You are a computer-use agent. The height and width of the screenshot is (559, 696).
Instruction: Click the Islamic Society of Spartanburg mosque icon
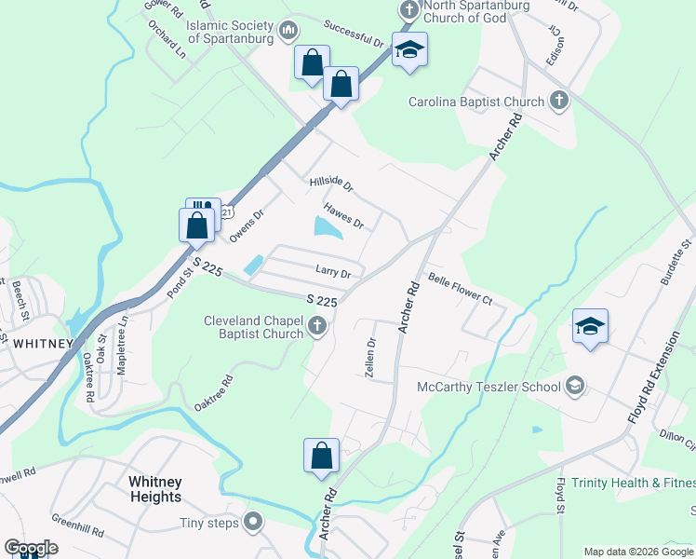tap(288, 32)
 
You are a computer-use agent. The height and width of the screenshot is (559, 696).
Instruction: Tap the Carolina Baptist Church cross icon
tap(559, 101)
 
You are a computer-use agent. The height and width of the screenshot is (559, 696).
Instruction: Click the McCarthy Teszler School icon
tap(575, 386)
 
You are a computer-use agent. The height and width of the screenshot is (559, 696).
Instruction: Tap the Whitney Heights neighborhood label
tap(155, 489)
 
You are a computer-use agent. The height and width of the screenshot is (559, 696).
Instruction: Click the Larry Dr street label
tap(332, 273)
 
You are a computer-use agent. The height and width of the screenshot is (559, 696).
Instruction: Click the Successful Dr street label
tap(354, 35)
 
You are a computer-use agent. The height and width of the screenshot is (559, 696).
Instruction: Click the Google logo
tap(31, 548)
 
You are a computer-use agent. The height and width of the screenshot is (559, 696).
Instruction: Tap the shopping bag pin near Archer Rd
tap(321, 457)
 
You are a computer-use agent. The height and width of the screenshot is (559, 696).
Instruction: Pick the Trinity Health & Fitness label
tap(633, 483)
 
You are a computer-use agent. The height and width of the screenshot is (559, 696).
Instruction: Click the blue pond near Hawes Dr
tap(327, 226)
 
